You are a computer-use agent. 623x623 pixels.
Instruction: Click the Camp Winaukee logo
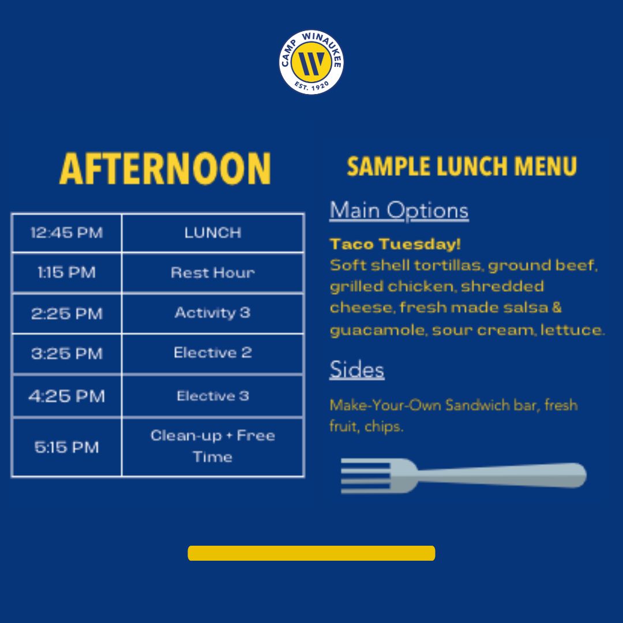tap(311, 62)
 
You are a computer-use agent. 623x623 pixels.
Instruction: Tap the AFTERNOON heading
tap(166, 168)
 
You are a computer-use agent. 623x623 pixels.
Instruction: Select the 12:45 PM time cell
tap(67, 233)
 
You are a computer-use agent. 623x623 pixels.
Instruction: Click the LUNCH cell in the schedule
tap(213, 233)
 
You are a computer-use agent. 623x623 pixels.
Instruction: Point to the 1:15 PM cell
tap(67, 272)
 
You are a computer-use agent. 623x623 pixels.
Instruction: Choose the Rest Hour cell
tap(213, 272)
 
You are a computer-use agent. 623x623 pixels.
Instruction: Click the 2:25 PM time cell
tap(67, 313)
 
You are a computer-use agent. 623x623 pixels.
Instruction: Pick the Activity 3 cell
tap(213, 313)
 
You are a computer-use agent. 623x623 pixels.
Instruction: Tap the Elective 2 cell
tap(213, 353)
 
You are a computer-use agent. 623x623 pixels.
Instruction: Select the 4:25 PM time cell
tap(67, 396)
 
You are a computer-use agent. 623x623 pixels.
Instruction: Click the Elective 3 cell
tap(213, 396)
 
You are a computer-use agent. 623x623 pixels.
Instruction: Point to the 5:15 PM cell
tap(67, 447)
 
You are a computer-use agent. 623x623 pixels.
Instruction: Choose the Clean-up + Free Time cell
tap(213, 447)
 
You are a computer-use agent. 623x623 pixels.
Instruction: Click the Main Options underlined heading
tap(399, 210)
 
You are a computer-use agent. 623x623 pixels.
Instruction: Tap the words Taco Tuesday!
tap(395, 244)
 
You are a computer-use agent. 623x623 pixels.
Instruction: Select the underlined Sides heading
tap(357, 370)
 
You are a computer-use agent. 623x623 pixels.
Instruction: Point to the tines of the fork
tap(366, 475)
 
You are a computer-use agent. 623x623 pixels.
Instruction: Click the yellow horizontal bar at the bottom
tap(311, 553)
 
